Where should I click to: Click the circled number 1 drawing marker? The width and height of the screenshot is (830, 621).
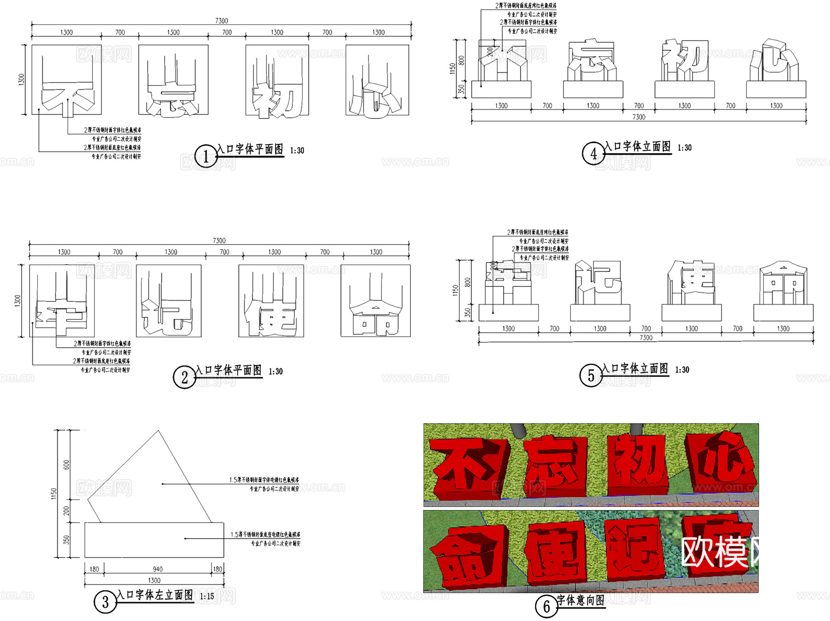pyautogui.click(x=206, y=156)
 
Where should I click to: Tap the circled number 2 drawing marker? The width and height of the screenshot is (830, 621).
pyautogui.click(x=184, y=377)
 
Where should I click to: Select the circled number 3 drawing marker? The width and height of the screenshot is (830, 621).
pyautogui.click(x=105, y=602)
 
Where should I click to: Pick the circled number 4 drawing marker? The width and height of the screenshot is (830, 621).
pyautogui.click(x=593, y=154)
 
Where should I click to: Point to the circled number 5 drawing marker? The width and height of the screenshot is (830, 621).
pyautogui.click(x=591, y=376)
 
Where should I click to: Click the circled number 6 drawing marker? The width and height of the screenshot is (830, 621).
pyautogui.click(x=546, y=606)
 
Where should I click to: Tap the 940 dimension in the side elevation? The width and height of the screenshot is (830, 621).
pyautogui.click(x=158, y=569)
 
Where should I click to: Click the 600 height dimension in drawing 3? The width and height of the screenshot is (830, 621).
pyautogui.click(x=66, y=465)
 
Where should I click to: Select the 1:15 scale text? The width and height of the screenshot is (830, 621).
pyautogui.click(x=207, y=597)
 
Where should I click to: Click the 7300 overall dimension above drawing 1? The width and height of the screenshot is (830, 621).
pyautogui.click(x=221, y=21)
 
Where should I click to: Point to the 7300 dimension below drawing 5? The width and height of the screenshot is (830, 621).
pyautogui.click(x=646, y=338)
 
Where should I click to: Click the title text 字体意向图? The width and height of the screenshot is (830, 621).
pyautogui.click(x=581, y=600)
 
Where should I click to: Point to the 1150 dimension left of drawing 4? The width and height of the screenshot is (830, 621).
pyautogui.click(x=452, y=69)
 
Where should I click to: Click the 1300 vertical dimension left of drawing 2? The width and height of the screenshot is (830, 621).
pyautogui.click(x=18, y=301)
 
